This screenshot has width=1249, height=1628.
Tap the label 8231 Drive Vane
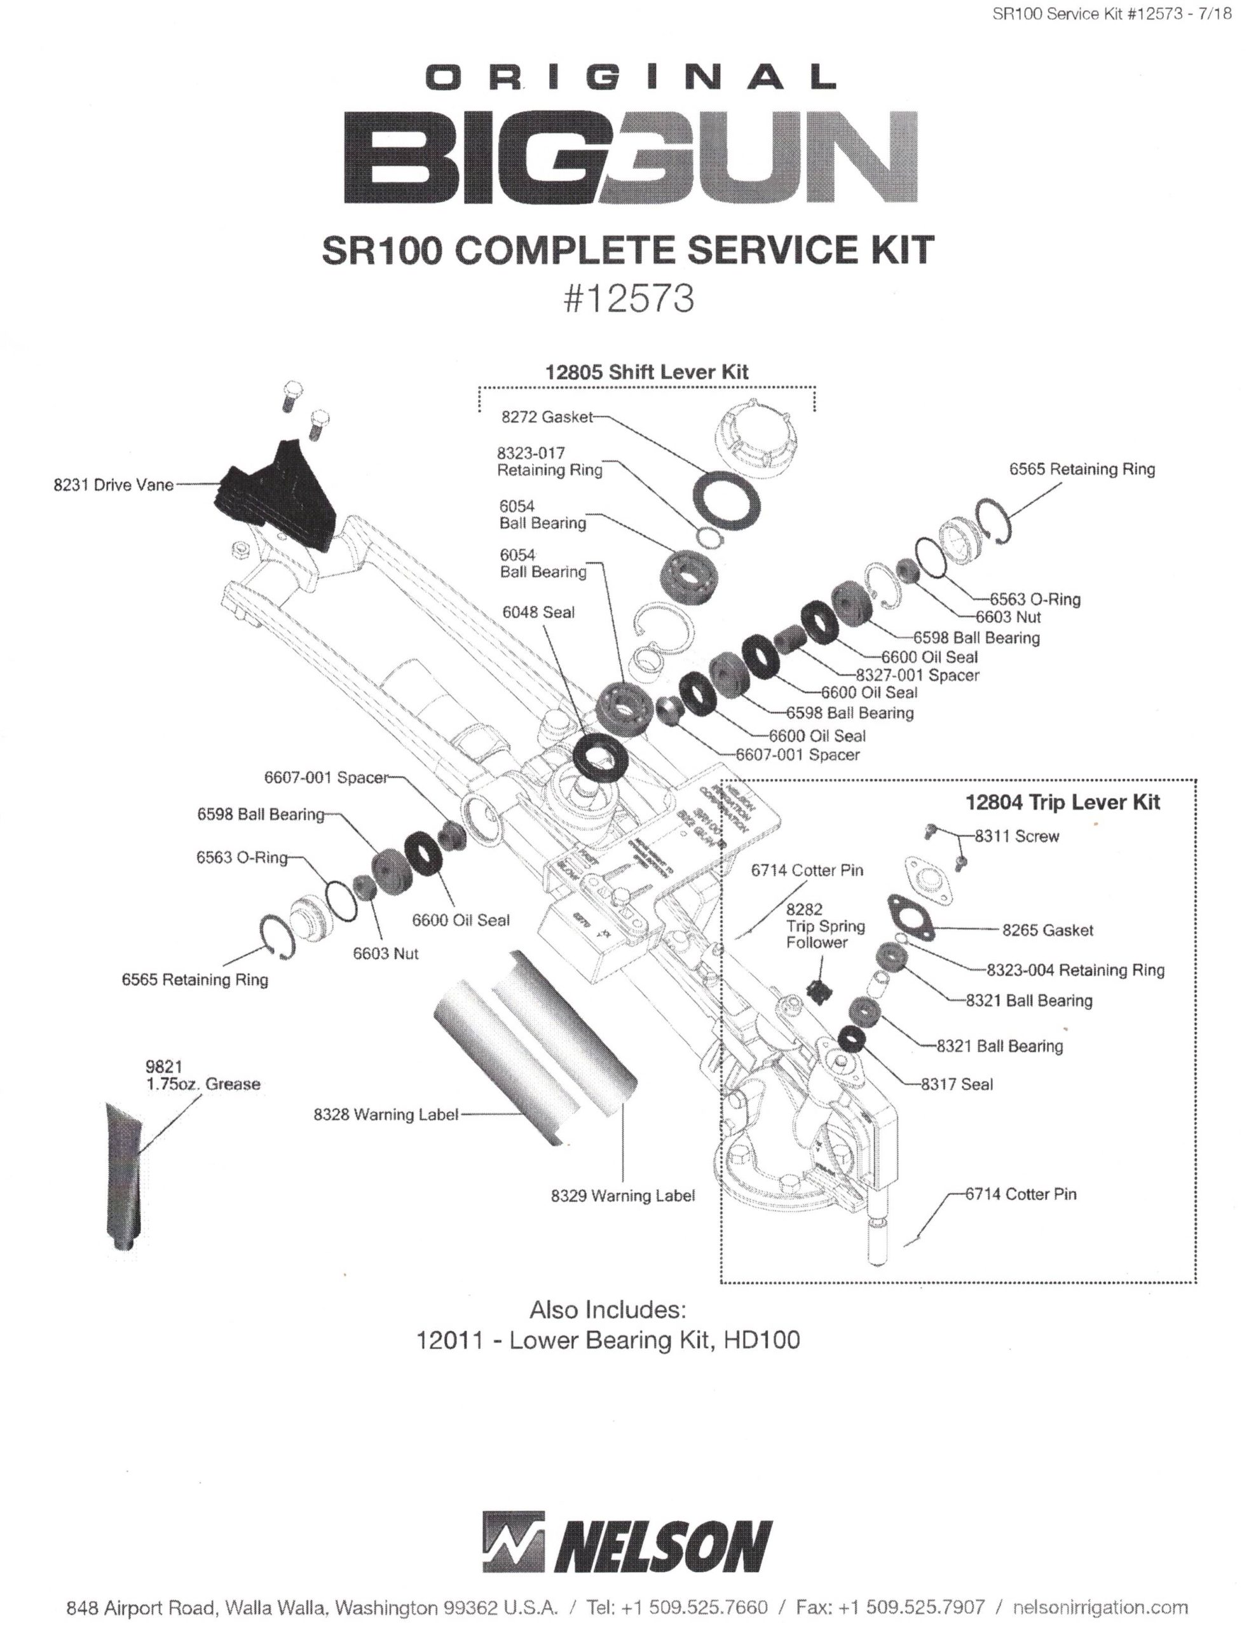coord(113,485)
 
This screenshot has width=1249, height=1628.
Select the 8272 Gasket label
coord(547,417)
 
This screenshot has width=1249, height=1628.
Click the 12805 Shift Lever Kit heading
coord(647,372)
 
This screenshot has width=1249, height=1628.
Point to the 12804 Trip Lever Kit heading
coord(1061,802)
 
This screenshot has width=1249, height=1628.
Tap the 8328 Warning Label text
coord(385,1114)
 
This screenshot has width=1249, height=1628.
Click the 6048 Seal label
coord(538,612)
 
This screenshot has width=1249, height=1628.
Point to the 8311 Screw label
coord(1016,836)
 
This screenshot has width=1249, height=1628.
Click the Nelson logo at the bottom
coord(627,1543)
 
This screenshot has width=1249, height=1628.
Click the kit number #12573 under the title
coord(629,299)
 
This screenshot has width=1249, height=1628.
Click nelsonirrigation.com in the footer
coord(1100,1606)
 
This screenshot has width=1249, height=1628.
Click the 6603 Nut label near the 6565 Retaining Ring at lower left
coord(385,953)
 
